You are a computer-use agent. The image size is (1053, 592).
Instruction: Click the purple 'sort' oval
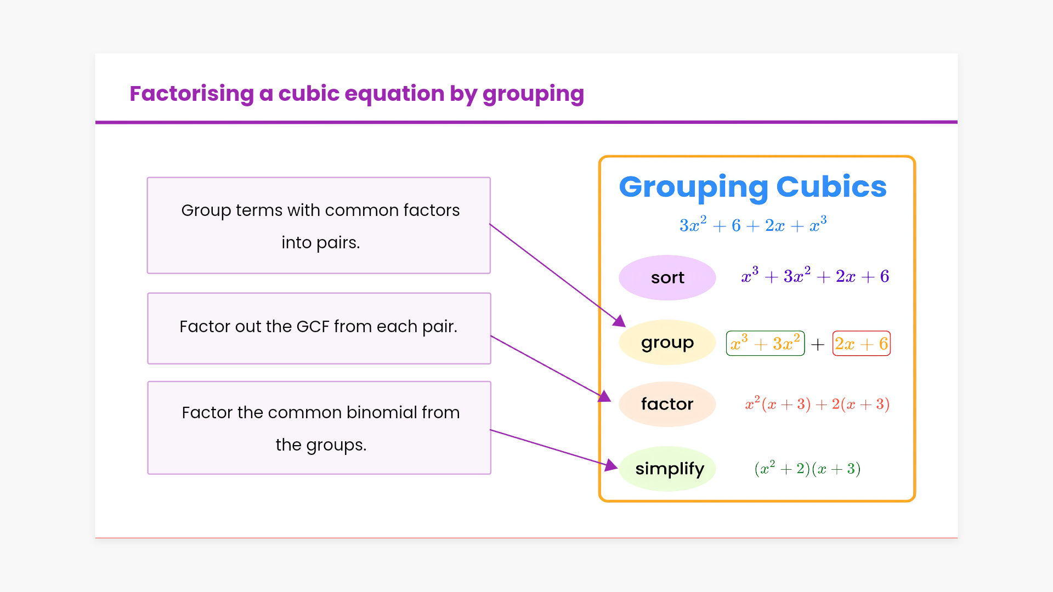667,277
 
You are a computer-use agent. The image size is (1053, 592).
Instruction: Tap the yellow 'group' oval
667,343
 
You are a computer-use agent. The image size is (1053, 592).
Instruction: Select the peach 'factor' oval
667,404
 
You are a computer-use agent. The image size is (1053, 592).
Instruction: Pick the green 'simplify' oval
667,469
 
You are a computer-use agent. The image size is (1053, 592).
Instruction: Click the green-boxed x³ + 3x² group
765,344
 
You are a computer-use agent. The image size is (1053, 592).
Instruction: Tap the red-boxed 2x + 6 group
861,344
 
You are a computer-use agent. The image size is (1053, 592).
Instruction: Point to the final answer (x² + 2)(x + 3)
807,468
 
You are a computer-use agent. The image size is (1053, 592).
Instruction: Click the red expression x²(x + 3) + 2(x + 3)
817,404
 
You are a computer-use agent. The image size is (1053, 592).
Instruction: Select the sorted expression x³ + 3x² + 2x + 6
815,276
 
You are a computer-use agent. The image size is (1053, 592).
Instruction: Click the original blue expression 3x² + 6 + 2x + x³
753,225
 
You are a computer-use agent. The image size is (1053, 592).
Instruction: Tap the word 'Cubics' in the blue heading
831,186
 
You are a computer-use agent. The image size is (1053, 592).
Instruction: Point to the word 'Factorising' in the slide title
191,94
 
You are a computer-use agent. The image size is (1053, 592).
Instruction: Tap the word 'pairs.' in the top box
342,243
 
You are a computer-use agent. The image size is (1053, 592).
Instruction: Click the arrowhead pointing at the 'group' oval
619,321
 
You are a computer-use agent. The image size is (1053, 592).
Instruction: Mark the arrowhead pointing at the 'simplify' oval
612,465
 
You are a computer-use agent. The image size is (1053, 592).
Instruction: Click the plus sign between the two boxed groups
818,344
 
